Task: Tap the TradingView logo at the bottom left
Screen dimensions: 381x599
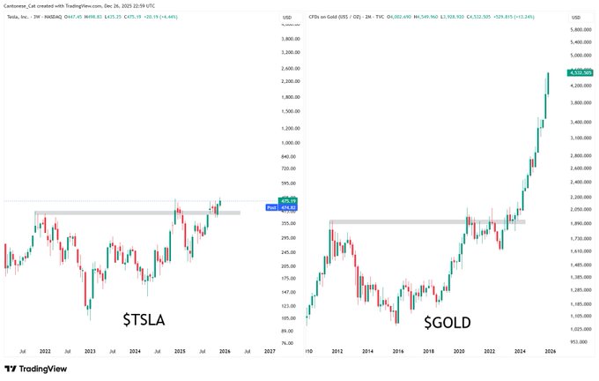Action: (x=38, y=370)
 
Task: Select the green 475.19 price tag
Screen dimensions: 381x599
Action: (x=288, y=201)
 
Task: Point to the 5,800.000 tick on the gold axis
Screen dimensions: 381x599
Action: (x=581, y=29)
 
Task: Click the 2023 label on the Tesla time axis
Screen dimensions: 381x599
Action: (x=90, y=351)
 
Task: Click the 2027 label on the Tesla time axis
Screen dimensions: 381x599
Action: (x=270, y=351)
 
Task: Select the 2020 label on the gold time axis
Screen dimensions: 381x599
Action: (x=458, y=351)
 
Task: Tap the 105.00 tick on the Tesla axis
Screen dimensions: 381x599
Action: (x=287, y=318)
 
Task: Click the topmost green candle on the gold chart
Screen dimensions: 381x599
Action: (x=548, y=84)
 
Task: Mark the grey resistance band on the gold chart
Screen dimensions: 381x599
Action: (x=426, y=221)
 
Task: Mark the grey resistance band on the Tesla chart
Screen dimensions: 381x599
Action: (x=137, y=213)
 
